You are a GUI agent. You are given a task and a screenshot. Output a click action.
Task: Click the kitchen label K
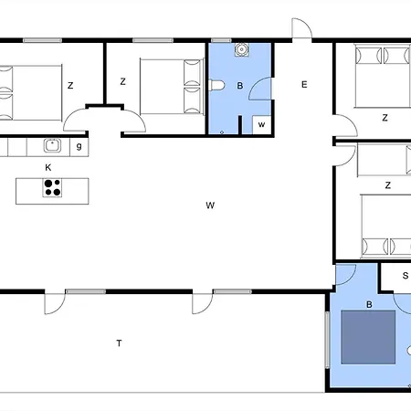(48, 167)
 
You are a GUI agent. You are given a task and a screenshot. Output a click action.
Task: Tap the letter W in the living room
(210, 205)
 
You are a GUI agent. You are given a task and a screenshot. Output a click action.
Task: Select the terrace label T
(119, 343)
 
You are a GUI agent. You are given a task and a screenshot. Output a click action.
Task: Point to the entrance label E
(304, 84)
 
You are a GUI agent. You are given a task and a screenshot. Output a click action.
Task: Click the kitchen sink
(53, 145)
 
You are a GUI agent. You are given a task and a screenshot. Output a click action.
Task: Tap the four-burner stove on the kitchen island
(52, 187)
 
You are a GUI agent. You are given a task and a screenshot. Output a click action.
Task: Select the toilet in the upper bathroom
(216, 85)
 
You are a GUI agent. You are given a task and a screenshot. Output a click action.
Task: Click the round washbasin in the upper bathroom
(242, 49)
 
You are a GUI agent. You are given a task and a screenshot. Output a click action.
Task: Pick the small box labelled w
(261, 125)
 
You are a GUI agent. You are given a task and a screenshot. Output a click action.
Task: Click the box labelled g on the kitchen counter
(79, 147)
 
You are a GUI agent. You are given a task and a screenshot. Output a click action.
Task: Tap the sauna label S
(406, 276)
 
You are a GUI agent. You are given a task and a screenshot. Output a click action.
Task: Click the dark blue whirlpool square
(368, 337)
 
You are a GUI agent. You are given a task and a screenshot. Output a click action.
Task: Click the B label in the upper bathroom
(240, 86)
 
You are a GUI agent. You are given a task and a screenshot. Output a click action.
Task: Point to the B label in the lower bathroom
(369, 304)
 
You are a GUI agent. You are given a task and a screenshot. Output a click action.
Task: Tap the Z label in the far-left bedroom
(70, 86)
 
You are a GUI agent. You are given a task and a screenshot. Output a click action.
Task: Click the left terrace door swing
(55, 303)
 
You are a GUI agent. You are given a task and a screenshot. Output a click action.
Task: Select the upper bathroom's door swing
(259, 89)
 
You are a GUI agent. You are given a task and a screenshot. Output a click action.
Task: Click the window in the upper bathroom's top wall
(221, 40)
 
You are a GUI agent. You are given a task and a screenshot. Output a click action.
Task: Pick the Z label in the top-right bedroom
(385, 118)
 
